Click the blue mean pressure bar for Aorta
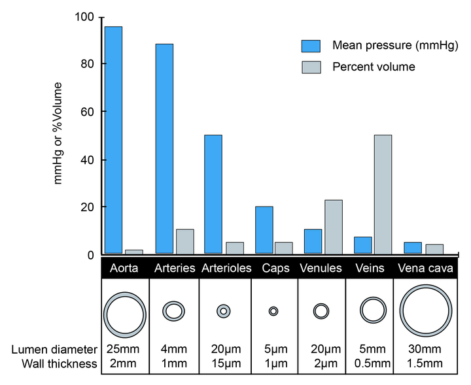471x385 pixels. click(x=113, y=140)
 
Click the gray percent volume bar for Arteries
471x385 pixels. click(x=185, y=241)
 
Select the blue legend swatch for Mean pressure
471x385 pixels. click(x=311, y=46)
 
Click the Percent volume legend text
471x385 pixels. click(x=374, y=67)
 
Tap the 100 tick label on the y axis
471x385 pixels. click(x=84, y=16)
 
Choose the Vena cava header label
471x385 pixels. click(x=427, y=269)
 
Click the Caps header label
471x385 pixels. click(x=273, y=269)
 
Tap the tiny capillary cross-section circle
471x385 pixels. click(x=273, y=311)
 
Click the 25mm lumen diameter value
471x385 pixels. click(x=124, y=352)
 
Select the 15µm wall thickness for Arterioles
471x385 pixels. click(x=224, y=364)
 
